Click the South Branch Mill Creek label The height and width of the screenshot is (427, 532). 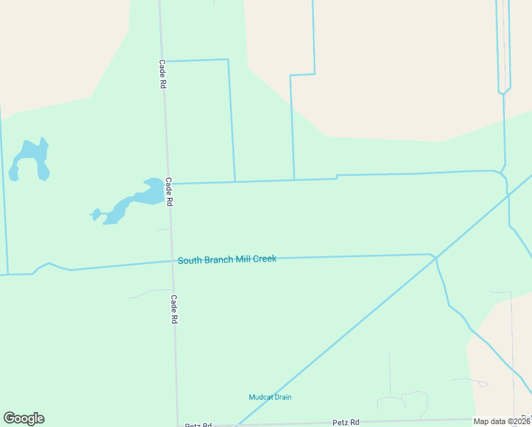[x=227, y=260]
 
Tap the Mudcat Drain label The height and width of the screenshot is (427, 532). [x=270, y=397]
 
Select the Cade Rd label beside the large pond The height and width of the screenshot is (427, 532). [x=169, y=191]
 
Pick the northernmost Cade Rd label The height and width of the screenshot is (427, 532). [x=162, y=73]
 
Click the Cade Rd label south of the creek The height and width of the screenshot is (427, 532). [x=173, y=310]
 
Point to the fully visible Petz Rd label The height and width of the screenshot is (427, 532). [x=344, y=422]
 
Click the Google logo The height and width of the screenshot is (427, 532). [x=23, y=418]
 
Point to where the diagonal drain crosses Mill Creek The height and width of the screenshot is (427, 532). [x=435, y=258]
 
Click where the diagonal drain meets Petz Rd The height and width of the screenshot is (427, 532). [x=237, y=425]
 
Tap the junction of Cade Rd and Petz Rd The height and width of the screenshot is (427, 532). [x=178, y=426]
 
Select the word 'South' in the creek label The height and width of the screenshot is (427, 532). [x=190, y=260]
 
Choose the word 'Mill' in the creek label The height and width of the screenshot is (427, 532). [x=242, y=260]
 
